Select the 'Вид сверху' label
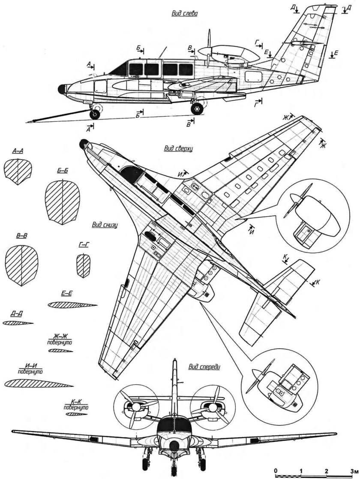[179, 149]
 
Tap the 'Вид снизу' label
[105, 224]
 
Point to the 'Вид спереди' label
[204, 367]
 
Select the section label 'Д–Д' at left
[18, 314]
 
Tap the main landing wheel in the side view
[197, 109]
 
